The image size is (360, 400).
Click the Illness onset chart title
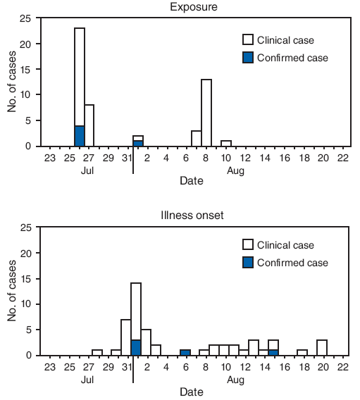pos(192,215)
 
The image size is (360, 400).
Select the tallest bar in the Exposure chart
pos(80,77)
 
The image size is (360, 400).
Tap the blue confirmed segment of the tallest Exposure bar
pos(80,136)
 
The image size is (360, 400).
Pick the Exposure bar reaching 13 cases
pos(206,113)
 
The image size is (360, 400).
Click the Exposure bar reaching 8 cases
pos(89,125)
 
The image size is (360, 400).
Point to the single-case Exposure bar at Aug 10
pos(226,144)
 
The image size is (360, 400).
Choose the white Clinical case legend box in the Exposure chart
pos(247,40)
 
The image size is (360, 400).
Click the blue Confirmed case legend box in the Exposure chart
pos(247,58)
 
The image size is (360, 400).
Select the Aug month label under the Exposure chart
pos(236,170)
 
